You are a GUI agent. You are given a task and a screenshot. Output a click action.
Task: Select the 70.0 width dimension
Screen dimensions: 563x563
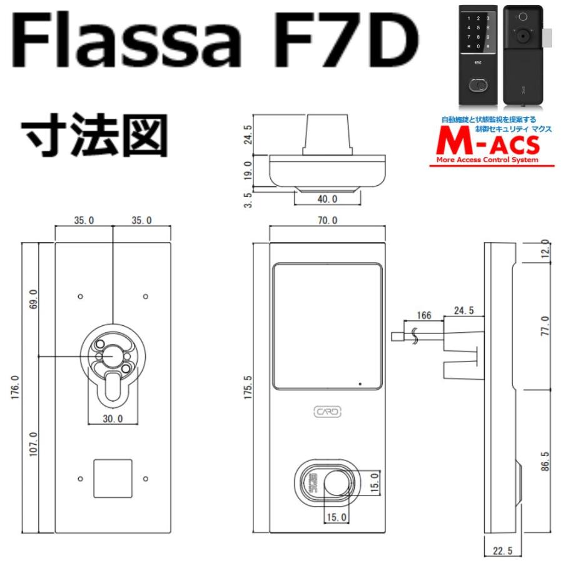327,221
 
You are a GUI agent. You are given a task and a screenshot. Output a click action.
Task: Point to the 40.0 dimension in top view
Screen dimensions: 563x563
327,198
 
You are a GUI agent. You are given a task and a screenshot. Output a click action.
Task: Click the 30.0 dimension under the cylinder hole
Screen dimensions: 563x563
113,418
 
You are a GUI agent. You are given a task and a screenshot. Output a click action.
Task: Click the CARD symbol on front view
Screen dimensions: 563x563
327,412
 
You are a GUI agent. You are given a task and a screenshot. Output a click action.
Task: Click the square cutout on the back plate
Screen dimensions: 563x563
113,479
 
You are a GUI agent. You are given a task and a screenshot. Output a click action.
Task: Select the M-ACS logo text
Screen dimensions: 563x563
491,145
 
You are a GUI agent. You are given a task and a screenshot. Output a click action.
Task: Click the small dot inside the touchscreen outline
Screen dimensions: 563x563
360,383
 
